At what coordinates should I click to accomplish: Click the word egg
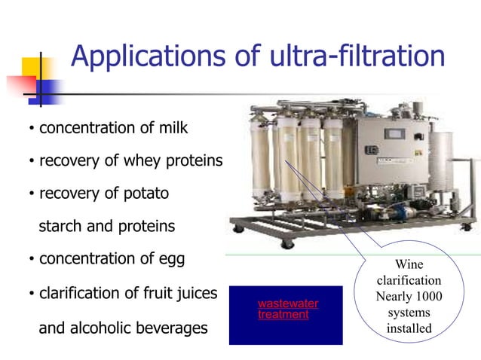[173, 259]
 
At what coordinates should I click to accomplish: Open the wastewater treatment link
[287, 309]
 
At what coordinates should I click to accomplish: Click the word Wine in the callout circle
[409, 264]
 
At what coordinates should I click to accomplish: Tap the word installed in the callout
[409, 328]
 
